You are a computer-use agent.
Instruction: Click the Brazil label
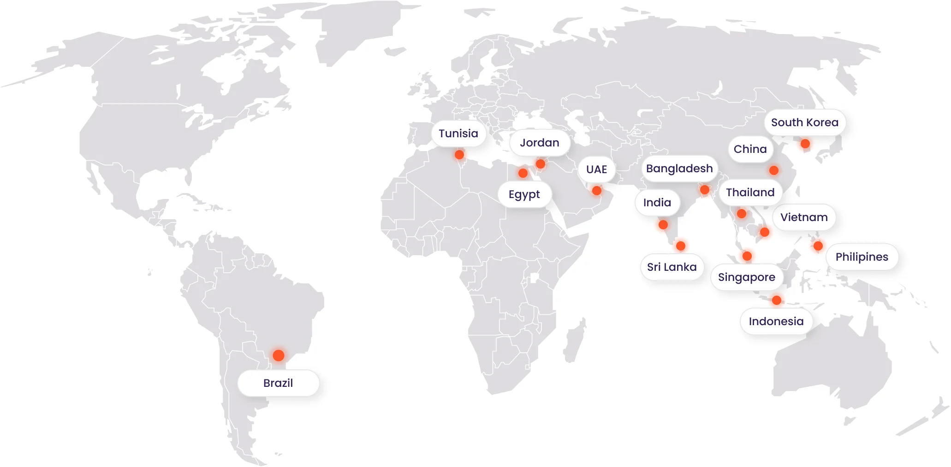tap(278, 383)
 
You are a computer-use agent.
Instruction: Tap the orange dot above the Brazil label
tap(278, 355)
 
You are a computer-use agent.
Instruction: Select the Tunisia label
tap(458, 134)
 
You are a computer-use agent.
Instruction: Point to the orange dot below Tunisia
tap(459, 155)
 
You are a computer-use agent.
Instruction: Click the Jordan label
tap(539, 143)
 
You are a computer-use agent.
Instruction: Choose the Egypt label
tap(524, 194)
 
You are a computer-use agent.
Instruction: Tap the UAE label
tap(596, 169)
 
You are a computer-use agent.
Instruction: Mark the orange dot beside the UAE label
tap(597, 191)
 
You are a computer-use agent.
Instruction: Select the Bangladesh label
tap(679, 169)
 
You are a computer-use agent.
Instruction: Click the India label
tap(657, 203)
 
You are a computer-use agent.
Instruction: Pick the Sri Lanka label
tap(672, 267)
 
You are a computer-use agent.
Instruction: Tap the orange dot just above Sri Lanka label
tap(681, 246)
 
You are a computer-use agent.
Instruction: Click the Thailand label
tap(750, 193)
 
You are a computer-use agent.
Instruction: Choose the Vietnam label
tap(804, 217)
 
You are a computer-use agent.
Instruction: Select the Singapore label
tap(746, 277)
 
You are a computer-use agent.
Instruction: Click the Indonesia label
tap(776, 321)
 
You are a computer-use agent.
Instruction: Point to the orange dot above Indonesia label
tap(777, 300)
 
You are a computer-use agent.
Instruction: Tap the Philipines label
tap(862, 257)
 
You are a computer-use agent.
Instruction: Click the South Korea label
tap(804, 123)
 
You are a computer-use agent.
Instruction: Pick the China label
tap(750, 149)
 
